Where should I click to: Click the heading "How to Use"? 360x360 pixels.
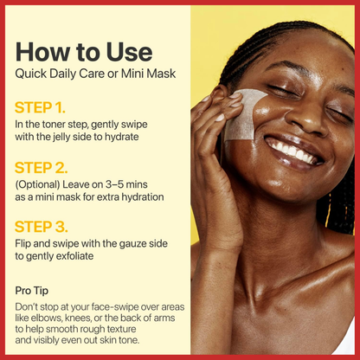coord(84,52)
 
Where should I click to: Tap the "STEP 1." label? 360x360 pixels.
coord(40,107)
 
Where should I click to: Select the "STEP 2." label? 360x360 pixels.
coord(42,168)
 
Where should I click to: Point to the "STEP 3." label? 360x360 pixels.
coord(42,227)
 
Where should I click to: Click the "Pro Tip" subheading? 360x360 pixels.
coord(32,291)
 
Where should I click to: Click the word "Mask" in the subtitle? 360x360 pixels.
coord(161,74)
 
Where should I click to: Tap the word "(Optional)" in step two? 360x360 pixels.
coord(37,184)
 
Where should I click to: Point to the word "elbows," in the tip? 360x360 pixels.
coord(44,318)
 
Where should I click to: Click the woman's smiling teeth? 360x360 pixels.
coord(291,150)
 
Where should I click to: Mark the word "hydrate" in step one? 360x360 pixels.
coord(121,137)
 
